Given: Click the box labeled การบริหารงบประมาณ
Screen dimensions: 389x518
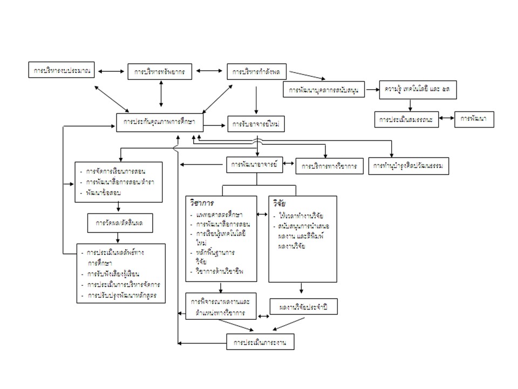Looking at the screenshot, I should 62,70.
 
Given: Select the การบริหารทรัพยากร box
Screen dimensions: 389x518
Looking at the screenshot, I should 160,71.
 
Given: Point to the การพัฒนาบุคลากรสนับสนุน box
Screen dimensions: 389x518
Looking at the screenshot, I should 324,89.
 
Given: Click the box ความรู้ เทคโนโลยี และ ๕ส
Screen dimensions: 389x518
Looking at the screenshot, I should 418,89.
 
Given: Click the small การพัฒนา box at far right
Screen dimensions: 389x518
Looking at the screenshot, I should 474,119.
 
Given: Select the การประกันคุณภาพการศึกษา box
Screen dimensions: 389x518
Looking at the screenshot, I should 160,123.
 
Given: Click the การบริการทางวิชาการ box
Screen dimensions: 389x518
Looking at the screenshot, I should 329,166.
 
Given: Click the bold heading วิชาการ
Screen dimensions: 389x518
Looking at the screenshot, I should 201,203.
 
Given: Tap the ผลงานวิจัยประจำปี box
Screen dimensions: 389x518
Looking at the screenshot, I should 303,307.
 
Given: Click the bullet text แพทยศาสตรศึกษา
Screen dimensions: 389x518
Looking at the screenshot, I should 219,215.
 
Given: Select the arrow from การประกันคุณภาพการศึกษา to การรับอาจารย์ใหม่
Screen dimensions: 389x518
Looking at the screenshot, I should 215,125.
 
